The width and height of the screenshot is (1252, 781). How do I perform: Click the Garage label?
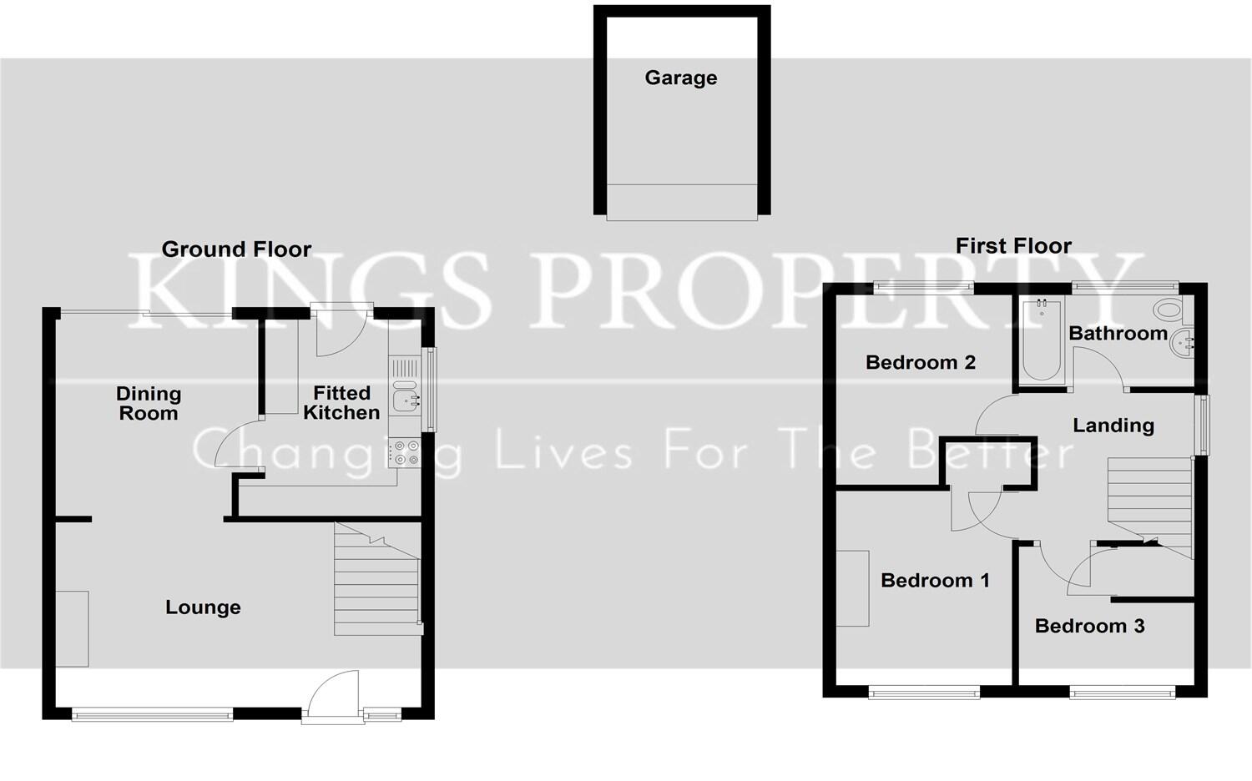tap(680, 78)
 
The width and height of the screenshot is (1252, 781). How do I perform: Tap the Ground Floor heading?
tap(236, 249)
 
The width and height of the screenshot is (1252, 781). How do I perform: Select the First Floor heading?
tap(1012, 246)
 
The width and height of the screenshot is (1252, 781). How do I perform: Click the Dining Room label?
tap(149, 403)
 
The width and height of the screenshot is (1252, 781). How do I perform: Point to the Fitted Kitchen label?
tap(341, 402)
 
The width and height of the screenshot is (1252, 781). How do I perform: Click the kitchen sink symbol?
tap(406, 399)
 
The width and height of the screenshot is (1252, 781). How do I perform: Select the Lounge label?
tap(203, 607)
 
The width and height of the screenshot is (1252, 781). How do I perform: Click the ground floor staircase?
tap(376, 584)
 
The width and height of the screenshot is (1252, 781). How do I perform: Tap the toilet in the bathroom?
tap(1169, 310)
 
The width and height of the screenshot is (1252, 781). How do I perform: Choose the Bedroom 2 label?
tap(920, 363)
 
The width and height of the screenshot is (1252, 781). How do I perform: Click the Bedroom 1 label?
tap(935, 581)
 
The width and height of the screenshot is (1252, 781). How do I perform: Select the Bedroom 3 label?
tap(1089, 627)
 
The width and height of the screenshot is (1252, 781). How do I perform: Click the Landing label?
tap(1113, 426)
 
